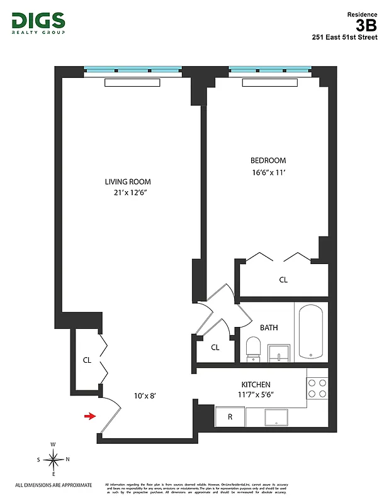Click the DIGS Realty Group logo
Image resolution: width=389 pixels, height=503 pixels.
tap(38, 23)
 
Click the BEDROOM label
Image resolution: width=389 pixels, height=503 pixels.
tap(268, 160)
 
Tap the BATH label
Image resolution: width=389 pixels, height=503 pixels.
tap(269, 328)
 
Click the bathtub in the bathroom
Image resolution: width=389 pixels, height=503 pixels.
tap(311, 331)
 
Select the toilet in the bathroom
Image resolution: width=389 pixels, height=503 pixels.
tap(254, 349)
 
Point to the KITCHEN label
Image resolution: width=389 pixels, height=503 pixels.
tap(256, 384)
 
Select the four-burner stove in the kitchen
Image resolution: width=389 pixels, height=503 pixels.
tap(317, 388)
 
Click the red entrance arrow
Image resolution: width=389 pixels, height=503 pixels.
tap(91, 416)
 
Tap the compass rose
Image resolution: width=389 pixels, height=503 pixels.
tap(54, 460)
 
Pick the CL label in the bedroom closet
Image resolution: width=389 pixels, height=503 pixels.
tap(283, 280)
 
